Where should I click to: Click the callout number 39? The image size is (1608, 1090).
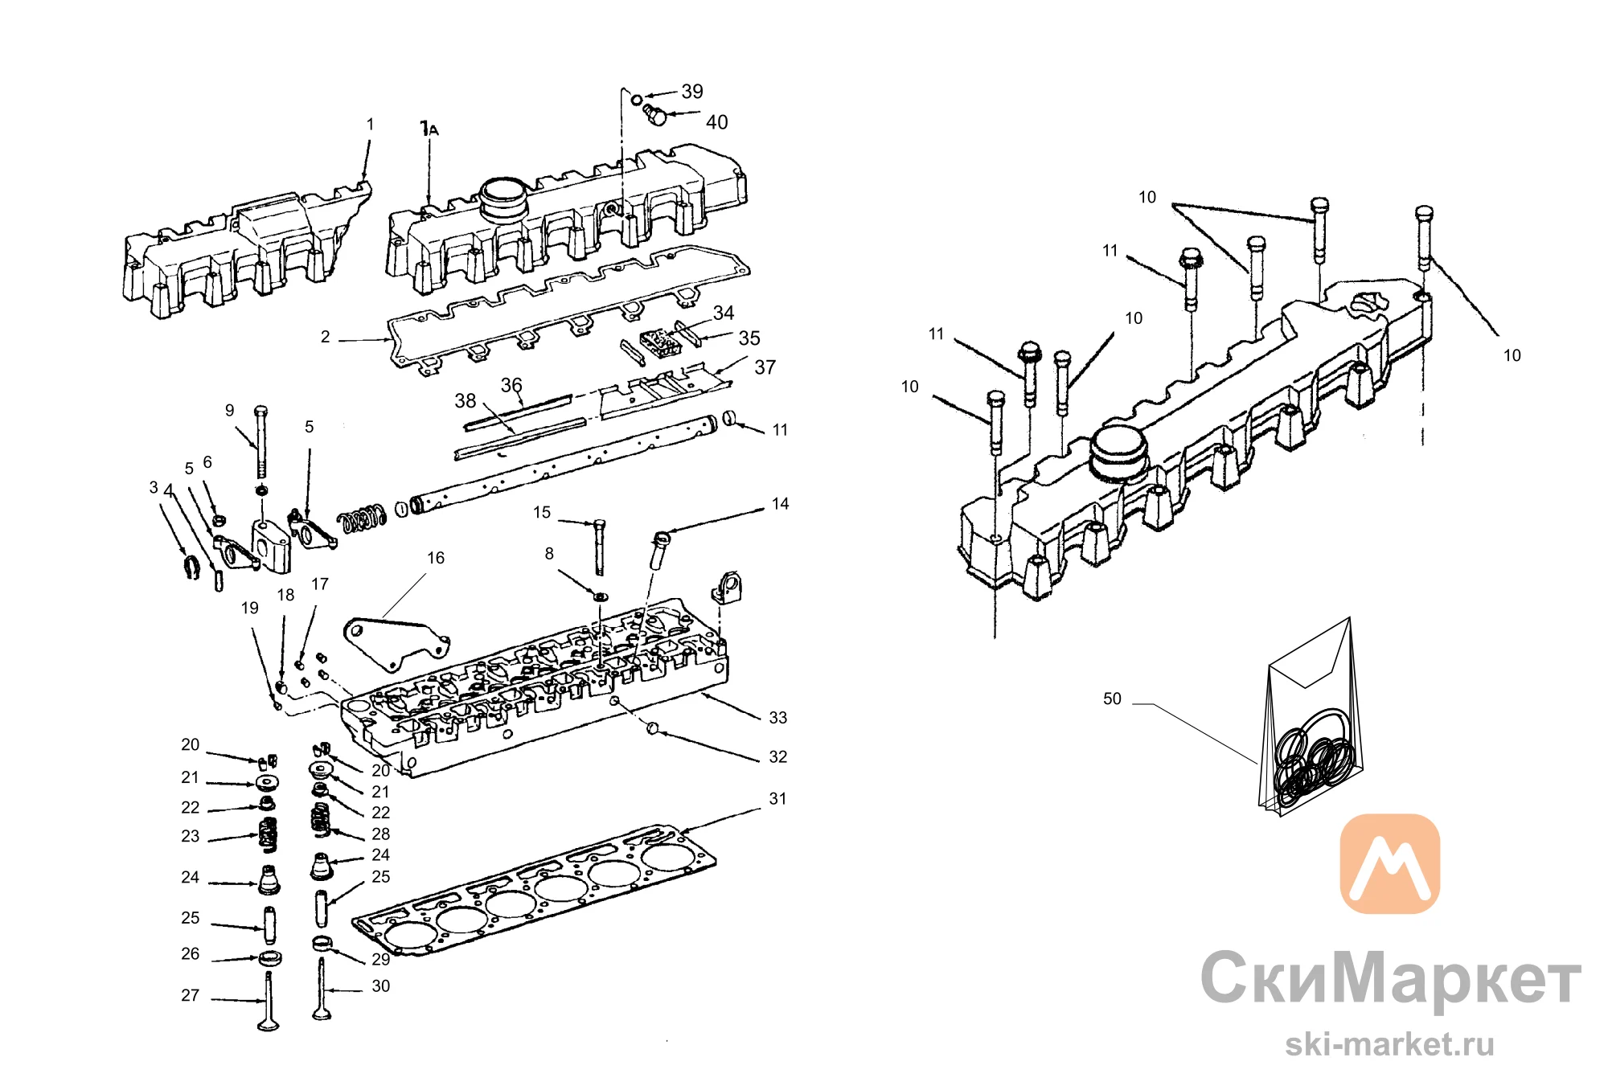tap(691, 92)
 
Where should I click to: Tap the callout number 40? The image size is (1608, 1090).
tap(716, 122)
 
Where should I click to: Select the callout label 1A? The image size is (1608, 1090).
tap(429, 129)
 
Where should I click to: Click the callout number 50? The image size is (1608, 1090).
tap(1112, 699)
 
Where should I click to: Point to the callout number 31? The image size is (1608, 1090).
tap(777, 798)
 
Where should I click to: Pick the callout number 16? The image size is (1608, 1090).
tap(436, 558)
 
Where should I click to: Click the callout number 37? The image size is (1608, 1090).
tap(765, 367)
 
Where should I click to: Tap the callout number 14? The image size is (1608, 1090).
tap(780, 504)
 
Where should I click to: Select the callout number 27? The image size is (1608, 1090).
tap(190, 995)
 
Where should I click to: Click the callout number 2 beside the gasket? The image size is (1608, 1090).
tap(325, 337)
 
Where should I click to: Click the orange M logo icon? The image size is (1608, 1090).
tap(1389, 864)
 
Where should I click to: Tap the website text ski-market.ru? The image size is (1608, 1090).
tap(1389, 1044)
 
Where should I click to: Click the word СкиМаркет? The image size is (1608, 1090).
tap(1391, 978)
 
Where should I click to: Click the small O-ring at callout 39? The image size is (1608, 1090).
tap(636, 100)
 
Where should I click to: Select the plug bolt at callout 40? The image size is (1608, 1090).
tap(654, 115)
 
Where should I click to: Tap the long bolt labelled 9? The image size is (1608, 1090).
tap(260, 442)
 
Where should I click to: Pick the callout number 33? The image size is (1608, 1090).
tap(777, 717)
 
